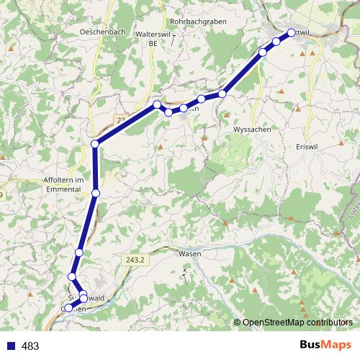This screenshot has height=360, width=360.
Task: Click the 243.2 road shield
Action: coord(138,259)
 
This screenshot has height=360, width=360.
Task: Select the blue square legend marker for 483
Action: coord(9,346)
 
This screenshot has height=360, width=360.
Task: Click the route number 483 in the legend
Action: coord(30,346)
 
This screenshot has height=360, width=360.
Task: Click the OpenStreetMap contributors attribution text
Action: coord(297,323)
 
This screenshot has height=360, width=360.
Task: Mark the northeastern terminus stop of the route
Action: coord(292,32)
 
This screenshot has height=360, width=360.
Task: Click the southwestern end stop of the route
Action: coord(68,308)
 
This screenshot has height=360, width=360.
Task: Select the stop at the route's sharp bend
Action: coord(95,144)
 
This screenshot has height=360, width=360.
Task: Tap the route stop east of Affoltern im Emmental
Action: coord(96,192)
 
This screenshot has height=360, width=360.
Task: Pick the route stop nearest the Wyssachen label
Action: coord(223,94)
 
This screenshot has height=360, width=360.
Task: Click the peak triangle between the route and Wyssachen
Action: coord(225,114)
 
